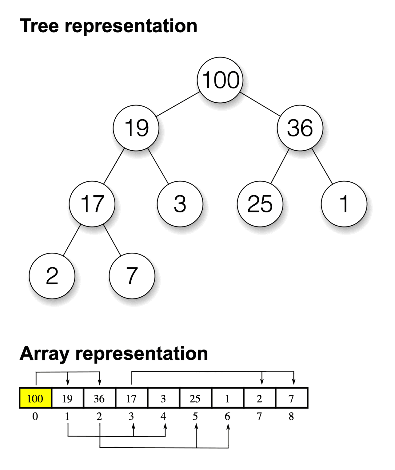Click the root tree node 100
(220, 80)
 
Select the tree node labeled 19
(136, 128)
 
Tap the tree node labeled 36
(300, 128)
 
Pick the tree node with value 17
(92, 204)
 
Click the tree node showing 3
(180, 204)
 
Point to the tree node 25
(260, 204)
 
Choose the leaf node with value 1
(344, 204)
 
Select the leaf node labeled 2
(52, 276)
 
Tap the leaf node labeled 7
(132, 276)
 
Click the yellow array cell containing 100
(35, 398)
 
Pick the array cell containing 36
(99, 398)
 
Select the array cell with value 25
(195, 398)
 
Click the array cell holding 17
(131, 398)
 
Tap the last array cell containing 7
(291, 398)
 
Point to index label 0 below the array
(35, 417)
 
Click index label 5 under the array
(195, 417)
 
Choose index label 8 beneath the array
(291, 417)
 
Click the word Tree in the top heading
(39, 26)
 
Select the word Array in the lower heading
(44, 354)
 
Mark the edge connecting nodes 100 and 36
(260, 104)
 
